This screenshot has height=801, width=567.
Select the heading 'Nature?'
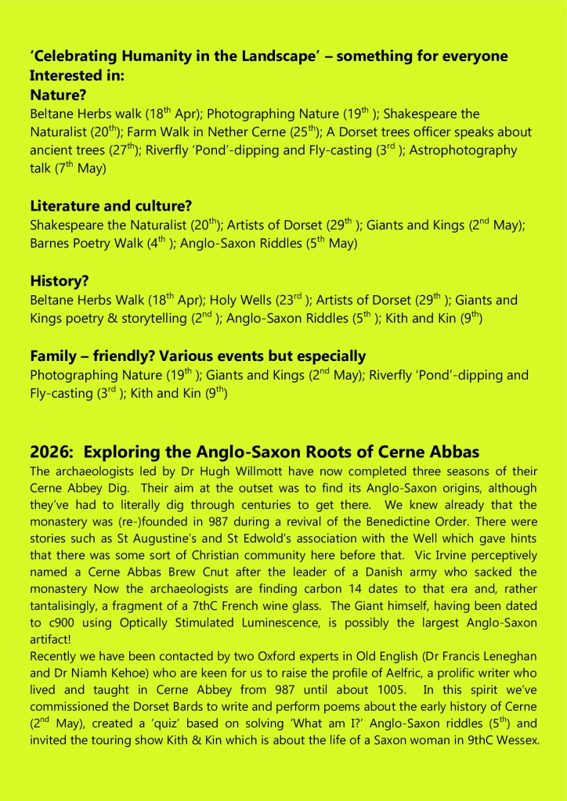(x=57, y=96)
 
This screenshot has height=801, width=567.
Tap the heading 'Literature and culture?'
(x=111, y=207)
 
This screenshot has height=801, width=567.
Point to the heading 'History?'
(x=60, y=281)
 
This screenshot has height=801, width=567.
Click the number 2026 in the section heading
(x=51, y=452)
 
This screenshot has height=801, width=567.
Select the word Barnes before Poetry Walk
(x=52, y=244)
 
